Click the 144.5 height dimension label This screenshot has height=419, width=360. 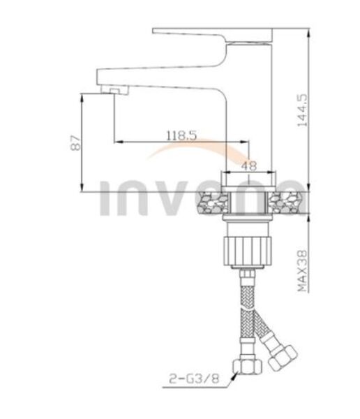[302, 110]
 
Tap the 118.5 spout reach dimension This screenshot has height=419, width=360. [181, 135]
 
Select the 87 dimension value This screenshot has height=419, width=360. [75, 143]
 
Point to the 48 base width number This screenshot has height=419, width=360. [249, 166]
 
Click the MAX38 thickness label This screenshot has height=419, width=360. [303, 271]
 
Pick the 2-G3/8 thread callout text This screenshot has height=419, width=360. [194, 378]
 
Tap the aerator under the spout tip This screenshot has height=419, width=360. [115, 90]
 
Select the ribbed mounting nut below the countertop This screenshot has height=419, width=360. [247, 251]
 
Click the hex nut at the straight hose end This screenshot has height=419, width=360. [247, 367]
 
